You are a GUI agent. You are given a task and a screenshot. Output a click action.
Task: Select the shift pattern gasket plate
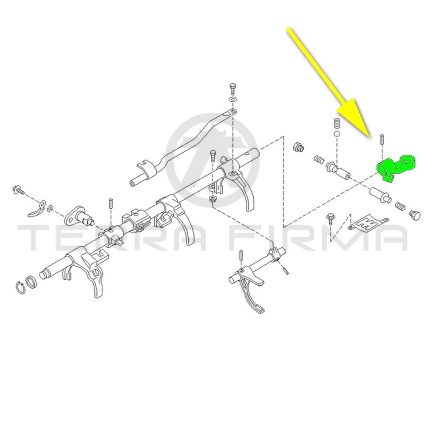coord(368,222)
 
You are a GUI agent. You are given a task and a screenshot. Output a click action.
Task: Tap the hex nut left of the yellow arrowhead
coord(298,147)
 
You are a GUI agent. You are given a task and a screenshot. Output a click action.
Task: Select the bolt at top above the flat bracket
coord(232,88)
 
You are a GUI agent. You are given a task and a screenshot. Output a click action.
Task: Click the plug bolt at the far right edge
coord(415,215)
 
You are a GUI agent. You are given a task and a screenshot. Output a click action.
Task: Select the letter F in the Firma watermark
coord(244,238)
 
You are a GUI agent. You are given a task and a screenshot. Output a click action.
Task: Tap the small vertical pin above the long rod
coord(110,204)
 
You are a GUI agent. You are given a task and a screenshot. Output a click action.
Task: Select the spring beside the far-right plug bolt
coord(400,207)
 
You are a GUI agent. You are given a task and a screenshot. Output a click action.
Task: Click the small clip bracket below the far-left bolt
coord(37,209)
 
